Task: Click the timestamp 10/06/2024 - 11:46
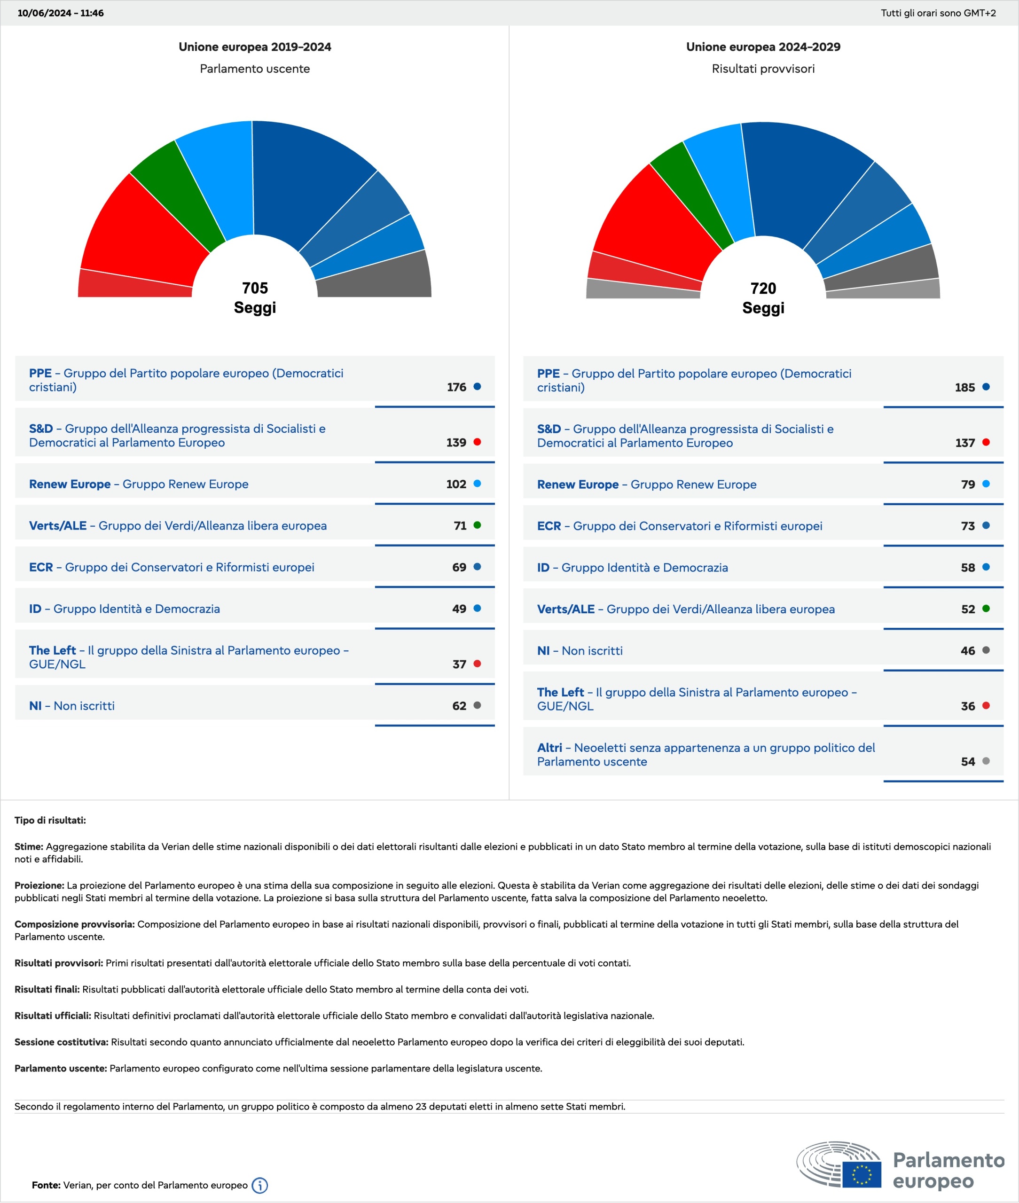pos(61,13)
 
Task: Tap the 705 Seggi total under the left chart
pos(255,297)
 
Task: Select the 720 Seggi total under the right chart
pos(763,298)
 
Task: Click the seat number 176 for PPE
pos(456,387)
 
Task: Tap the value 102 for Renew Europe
pos(456,484)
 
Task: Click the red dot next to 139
pos(477,442)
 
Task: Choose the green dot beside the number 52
pos(986,608)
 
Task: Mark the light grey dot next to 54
pos(986,761)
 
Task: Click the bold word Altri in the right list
pos(549,747)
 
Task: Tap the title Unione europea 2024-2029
pos(763,47)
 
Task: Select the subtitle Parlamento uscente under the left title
pos(255,69)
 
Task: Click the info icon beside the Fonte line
pos(260,1185)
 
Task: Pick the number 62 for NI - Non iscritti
pos(459,706)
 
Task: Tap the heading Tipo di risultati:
pos(50,820)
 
